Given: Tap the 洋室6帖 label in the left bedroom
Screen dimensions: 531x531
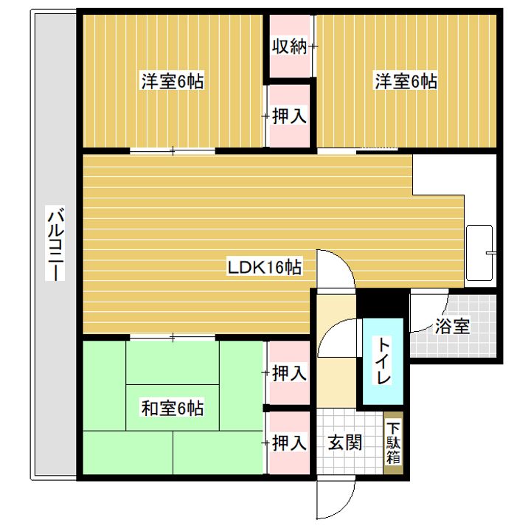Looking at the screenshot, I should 173,81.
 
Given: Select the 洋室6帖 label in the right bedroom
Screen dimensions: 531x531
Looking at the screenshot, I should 406,81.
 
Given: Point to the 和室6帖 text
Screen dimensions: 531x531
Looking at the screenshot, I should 173,406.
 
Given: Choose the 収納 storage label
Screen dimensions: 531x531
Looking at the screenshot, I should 289,46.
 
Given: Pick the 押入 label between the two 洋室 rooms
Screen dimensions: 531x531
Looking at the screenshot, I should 290,116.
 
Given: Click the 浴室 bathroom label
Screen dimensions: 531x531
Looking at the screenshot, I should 452,327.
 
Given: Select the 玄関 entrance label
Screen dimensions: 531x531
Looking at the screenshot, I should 344,442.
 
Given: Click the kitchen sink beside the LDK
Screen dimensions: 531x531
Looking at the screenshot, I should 480,252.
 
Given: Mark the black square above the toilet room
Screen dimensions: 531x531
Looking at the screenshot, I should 381,304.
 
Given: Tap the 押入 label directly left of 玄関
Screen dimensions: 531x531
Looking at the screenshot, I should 289,442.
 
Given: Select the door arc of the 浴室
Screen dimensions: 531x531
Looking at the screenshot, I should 431,310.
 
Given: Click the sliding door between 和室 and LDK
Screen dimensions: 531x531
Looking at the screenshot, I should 173,337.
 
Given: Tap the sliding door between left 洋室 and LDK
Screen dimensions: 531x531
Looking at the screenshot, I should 173,151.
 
